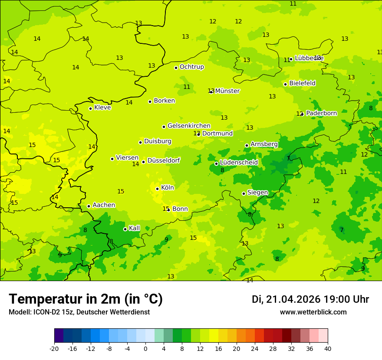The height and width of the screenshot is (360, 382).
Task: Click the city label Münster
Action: click(x=227, y=91)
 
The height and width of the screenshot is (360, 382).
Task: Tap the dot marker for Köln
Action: click(x=157, y=189)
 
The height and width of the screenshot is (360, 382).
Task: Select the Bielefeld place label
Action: click(x=302, y=83)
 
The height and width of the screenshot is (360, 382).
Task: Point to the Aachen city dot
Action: click(x=89, y=206)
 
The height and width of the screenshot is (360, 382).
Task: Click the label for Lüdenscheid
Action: click(x=239, y=162)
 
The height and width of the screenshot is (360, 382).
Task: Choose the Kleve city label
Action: click(x=102, y=107)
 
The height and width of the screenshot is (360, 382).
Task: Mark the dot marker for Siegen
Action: click(x=244, y=193)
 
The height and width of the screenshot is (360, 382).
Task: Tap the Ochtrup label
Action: click(x=191, y=67)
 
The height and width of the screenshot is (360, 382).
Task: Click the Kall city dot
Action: click(x=125, y=229)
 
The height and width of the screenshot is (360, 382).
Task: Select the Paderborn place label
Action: click(x=321, y=113)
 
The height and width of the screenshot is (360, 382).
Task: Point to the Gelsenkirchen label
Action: click(x=189, y=126)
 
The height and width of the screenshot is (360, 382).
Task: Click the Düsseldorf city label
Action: click(x=164, y=160)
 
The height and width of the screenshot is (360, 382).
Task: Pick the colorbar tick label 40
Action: click(x=328, y=348)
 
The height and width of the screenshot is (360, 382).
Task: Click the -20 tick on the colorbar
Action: click(x=54, y=348)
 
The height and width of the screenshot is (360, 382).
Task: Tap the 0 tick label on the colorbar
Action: click(x=145, y=348)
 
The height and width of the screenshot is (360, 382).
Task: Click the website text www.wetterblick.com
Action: click(x=313, y=312)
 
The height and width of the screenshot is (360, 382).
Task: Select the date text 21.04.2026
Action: click(x=293, y=299)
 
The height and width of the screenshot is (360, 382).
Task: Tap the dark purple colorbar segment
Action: click(x=59, y=336)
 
